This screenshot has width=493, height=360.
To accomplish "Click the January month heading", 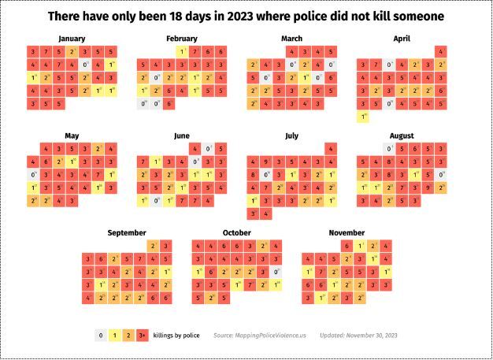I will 72,39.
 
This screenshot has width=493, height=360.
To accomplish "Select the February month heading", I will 181,39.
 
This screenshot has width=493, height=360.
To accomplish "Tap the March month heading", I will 291,39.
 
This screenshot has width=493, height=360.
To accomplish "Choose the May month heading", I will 72,135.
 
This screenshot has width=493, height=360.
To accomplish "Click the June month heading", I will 181,135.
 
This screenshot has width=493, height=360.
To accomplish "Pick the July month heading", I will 291,135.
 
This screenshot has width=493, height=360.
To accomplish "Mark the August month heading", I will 401,135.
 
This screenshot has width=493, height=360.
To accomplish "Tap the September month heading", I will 127,232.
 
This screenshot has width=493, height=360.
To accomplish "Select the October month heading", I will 236,232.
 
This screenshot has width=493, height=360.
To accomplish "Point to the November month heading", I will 347,232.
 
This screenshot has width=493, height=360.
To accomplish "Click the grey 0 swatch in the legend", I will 100,336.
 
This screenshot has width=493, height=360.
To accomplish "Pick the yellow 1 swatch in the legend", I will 114,336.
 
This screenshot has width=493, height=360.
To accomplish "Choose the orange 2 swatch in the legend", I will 128,336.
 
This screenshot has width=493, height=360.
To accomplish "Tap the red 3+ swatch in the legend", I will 143,336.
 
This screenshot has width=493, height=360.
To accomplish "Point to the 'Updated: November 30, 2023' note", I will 358,336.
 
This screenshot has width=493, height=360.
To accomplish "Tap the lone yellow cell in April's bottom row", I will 362,117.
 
